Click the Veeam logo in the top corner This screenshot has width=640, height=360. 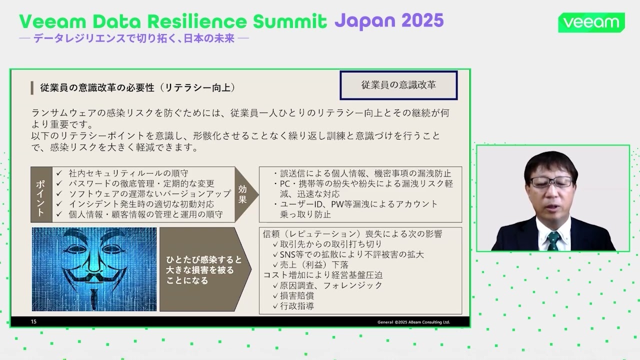point(591,22)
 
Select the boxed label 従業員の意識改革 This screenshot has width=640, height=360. point(398,85)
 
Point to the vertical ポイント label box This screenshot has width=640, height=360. point(41,194)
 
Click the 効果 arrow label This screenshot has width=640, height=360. point(243,194)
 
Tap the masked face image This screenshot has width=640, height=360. point(94,269)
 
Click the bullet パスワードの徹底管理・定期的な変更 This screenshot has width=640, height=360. point(141,183)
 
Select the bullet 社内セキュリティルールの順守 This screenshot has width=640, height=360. point(128,173)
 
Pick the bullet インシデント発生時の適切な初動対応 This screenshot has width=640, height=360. point(141,204)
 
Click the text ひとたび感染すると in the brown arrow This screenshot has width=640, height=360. point(203,260)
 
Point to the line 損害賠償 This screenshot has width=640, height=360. point(297,295)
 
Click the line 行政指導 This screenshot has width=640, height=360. point(297,306)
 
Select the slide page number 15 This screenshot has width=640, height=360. point(34,321)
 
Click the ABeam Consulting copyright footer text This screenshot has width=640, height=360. point(413,322)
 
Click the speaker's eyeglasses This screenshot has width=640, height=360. point(551,181)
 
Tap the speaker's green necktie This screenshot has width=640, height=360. point(553,240)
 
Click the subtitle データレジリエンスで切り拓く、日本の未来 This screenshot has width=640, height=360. point(133,38)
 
